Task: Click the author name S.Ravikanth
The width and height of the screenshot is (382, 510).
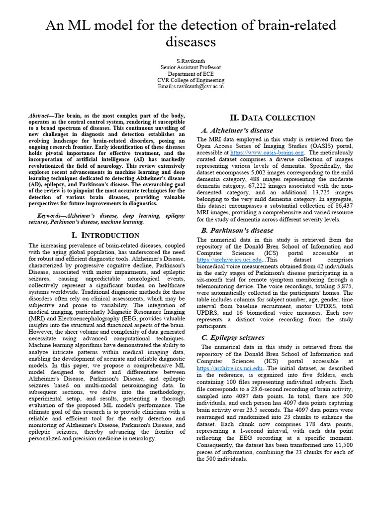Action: coord(191,60)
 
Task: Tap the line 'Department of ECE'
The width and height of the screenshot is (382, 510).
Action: coord(191,73)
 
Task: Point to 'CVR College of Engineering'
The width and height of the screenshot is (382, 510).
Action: coord(191,80)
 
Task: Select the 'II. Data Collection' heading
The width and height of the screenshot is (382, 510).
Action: coord(272,118)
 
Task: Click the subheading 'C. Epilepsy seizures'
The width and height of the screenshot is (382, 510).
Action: coord(232,338)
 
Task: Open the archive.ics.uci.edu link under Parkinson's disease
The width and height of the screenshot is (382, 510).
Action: coord(229,260)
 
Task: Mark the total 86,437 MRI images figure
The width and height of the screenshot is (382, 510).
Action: coord(342,205)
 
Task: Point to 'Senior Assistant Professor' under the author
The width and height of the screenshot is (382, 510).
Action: coord(191,67)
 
